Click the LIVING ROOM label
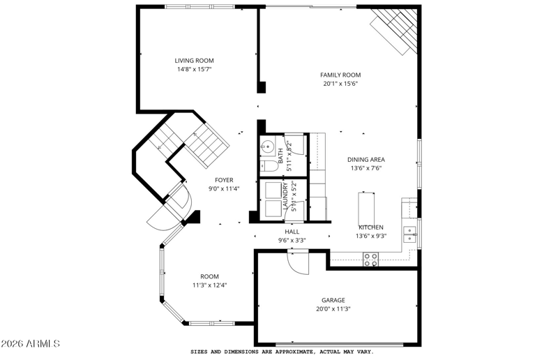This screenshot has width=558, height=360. (194, 61)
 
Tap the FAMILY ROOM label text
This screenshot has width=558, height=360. (340, 75)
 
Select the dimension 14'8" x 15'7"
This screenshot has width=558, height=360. (195, 70)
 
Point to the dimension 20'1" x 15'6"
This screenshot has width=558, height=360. (340, 84)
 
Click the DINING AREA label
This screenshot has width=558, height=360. (365, 160)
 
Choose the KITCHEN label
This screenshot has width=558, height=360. (371, 227)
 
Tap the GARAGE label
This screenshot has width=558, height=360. (333, 300)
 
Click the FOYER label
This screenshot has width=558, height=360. (224, 180)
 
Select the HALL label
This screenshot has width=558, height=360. (292, 232)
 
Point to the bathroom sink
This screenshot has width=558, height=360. (267, 146)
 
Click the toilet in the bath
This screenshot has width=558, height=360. (269, 166)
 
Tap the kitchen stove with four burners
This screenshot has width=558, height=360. (370, 260)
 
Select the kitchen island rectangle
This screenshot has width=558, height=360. (366, 209)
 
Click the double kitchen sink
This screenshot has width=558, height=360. (409, 234)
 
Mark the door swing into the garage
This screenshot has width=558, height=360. (299, 263)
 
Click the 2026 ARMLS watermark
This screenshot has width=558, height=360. (30, 344)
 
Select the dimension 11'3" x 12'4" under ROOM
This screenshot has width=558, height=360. (210, 285)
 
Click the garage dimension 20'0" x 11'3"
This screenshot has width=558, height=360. (333, 309)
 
